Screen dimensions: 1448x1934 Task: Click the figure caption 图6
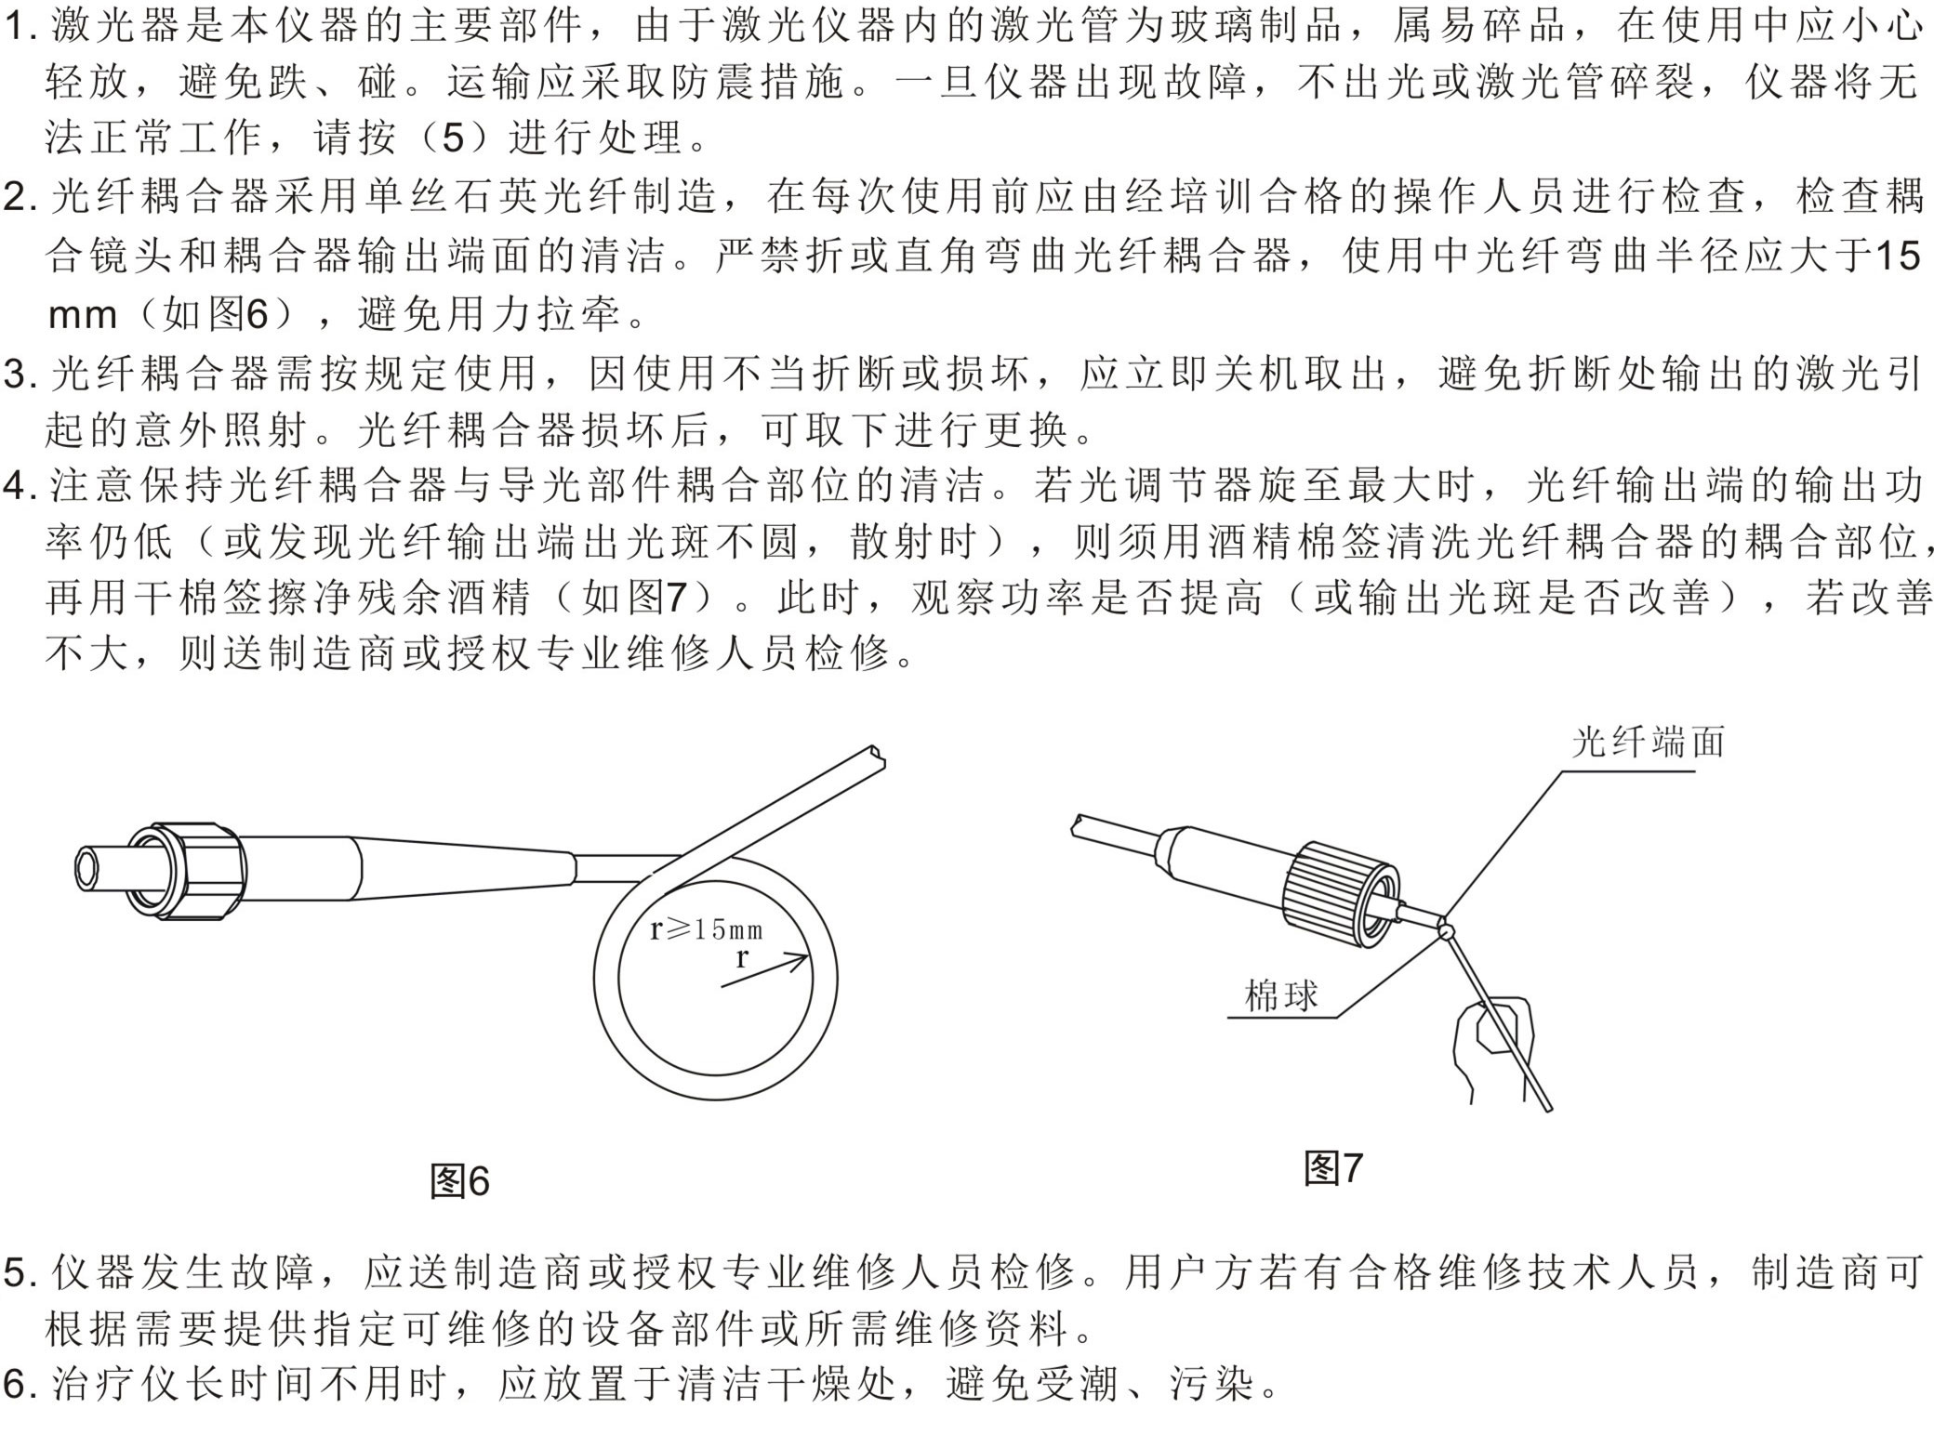459,1181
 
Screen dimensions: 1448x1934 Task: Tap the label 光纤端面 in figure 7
1648,743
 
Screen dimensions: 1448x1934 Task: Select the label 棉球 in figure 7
1281,996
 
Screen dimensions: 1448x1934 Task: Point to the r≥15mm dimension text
706,928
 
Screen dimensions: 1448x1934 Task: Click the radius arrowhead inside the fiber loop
799,960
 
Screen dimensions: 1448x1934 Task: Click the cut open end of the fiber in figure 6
875,757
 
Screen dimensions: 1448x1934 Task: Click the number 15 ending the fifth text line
1897,257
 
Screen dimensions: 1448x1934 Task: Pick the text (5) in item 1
452,139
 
